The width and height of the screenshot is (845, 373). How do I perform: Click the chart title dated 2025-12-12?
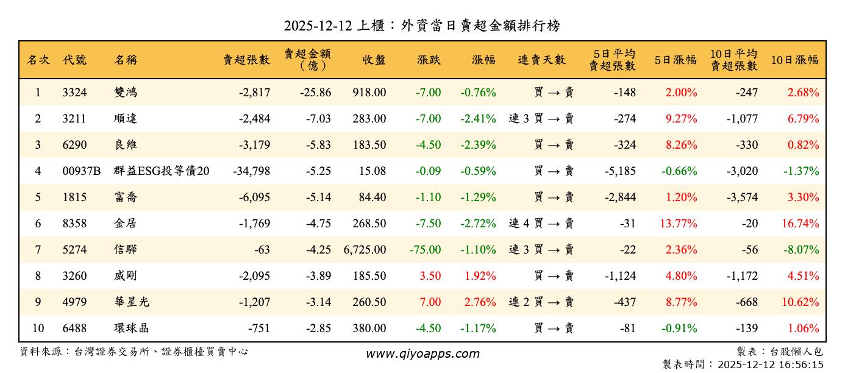pos(422,26)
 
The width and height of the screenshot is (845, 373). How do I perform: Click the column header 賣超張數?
pos(246,60)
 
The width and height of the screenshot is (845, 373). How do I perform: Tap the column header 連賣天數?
pos(541,60)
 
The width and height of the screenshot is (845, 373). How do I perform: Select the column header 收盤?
pos(374,60)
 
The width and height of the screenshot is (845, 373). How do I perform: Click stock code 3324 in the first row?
pos(74,93)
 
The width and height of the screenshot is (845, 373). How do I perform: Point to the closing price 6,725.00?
pos(365,250)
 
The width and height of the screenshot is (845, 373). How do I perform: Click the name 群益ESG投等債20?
pos(162,171)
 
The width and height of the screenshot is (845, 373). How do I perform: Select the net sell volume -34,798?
pos(251,171)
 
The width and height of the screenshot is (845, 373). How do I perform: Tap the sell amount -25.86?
pos(315,93)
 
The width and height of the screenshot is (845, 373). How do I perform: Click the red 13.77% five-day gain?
pos(678,224)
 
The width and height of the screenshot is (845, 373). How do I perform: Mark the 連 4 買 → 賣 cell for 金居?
pos(541,224)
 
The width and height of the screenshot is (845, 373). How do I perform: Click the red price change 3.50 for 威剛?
pos(430,276)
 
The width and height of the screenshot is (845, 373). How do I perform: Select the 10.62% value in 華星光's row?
pos(800,302)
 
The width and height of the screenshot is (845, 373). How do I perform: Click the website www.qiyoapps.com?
pos(422,354)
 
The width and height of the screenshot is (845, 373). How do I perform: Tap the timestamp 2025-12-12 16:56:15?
pos(771,364)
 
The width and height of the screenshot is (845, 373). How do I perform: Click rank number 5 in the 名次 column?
pos(38,197)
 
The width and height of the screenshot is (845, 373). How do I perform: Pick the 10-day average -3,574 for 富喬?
pos(742,197)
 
